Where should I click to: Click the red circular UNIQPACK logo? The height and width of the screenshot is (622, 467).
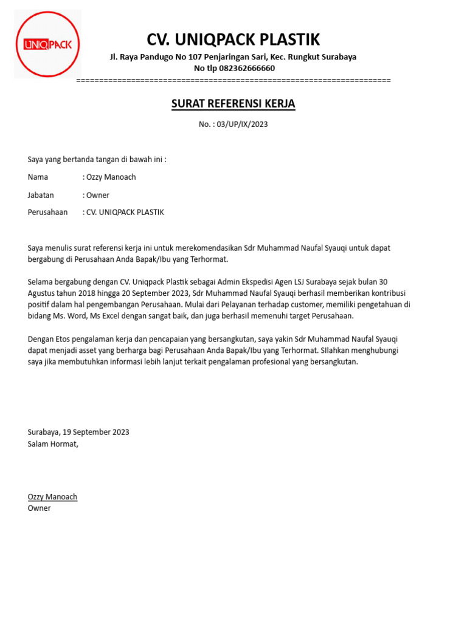pyautogui.click(x=47, y=44)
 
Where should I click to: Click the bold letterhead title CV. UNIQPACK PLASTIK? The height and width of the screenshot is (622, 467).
pyautogui.click(x=233, y=40)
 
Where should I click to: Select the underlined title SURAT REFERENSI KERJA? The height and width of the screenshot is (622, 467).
pyautogui.click(x=233, y=104)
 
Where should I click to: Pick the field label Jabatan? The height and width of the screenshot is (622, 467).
pyautogui.click(x=41, y=195)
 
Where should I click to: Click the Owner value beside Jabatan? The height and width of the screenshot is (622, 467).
pyautogui.click(x=98, y=195)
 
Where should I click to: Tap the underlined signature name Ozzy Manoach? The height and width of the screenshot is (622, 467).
pyautogui.click(x=52, y=497)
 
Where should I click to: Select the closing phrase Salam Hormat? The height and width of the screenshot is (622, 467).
pyautogui.click(x=53, y=443)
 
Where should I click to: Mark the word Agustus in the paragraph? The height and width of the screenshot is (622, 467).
pyautogui.click(x=42, y=293)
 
